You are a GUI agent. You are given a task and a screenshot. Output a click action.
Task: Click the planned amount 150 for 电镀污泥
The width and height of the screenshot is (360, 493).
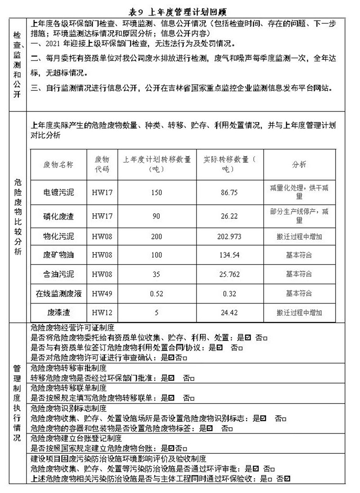(x=157, y=193)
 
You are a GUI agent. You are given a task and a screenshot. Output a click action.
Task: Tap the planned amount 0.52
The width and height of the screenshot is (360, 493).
(x=157, y=293)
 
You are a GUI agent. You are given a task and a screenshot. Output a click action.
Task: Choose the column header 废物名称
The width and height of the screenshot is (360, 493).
(x=58, y=165)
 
